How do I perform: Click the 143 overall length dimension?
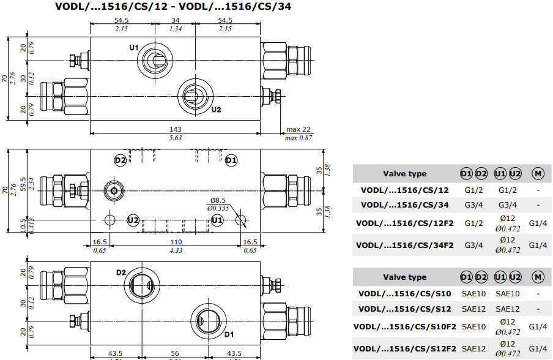[x=176, y=129]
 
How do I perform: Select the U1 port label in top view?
[x=135, y=48]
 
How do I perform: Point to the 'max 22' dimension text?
[x=299, y=129]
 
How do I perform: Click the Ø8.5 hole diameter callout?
[x=219, y=200]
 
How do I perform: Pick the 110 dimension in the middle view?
[x=176, y=242]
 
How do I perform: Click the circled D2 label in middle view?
[x=121, y=160]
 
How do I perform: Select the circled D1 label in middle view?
[x=231, y=160]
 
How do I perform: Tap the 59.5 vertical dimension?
[x=23, y=182]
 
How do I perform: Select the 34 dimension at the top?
[x=176, y=20]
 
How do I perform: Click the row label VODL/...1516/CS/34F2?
[x=404, y=246]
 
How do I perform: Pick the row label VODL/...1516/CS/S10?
[x=404, y=293]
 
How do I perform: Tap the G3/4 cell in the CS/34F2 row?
[x=474, y=246]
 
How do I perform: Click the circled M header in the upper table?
[x=537, y=174]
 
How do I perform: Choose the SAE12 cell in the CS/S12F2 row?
[x=474, y=348]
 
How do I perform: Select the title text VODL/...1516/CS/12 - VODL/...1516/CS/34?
[x=173, y=7]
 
